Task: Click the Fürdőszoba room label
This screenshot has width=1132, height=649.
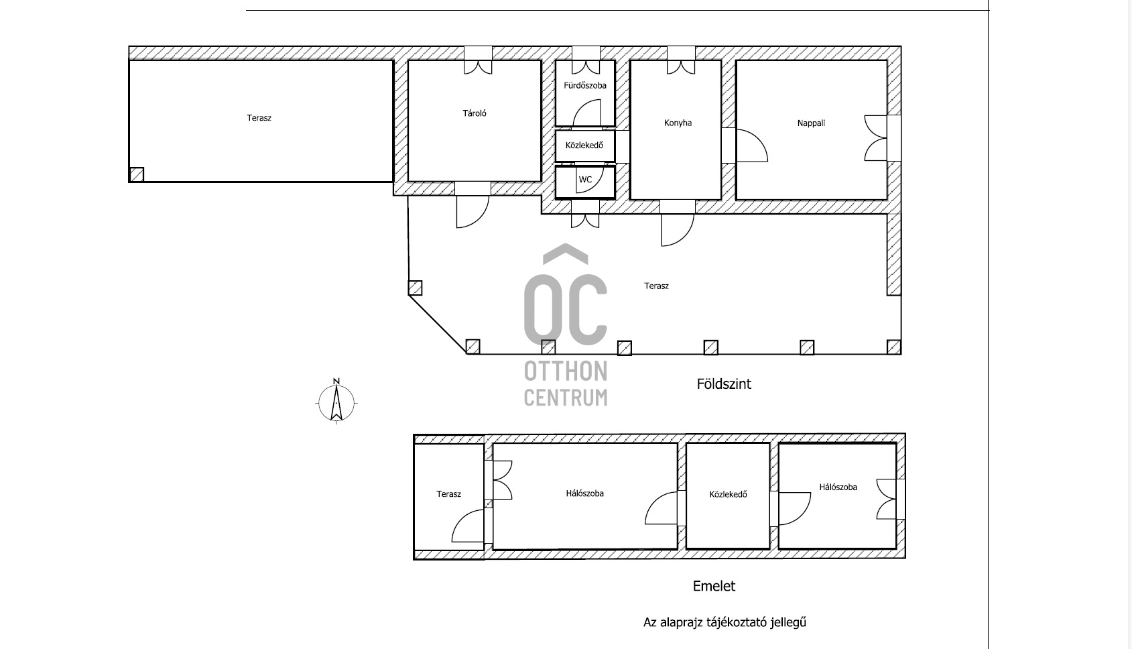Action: (584, 85)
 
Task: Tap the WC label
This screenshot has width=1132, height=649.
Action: (585, 180)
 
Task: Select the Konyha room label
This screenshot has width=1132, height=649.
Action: (678, 123)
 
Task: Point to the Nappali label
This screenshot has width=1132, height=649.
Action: (811, 123)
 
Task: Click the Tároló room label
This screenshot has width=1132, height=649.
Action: (475, 113)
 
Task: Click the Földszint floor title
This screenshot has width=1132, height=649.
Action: (724, 384)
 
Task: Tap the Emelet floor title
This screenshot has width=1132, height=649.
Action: (714, 587)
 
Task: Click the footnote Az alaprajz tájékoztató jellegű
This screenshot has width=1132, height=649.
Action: (725, 622)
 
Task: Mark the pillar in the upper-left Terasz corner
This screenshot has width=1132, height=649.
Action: (137, 175)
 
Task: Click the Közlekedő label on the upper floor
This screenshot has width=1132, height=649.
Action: (729, 494)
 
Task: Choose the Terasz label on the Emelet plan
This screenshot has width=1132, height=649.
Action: (449, 494)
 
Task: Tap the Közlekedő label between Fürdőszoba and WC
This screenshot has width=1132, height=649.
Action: (584, 145)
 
